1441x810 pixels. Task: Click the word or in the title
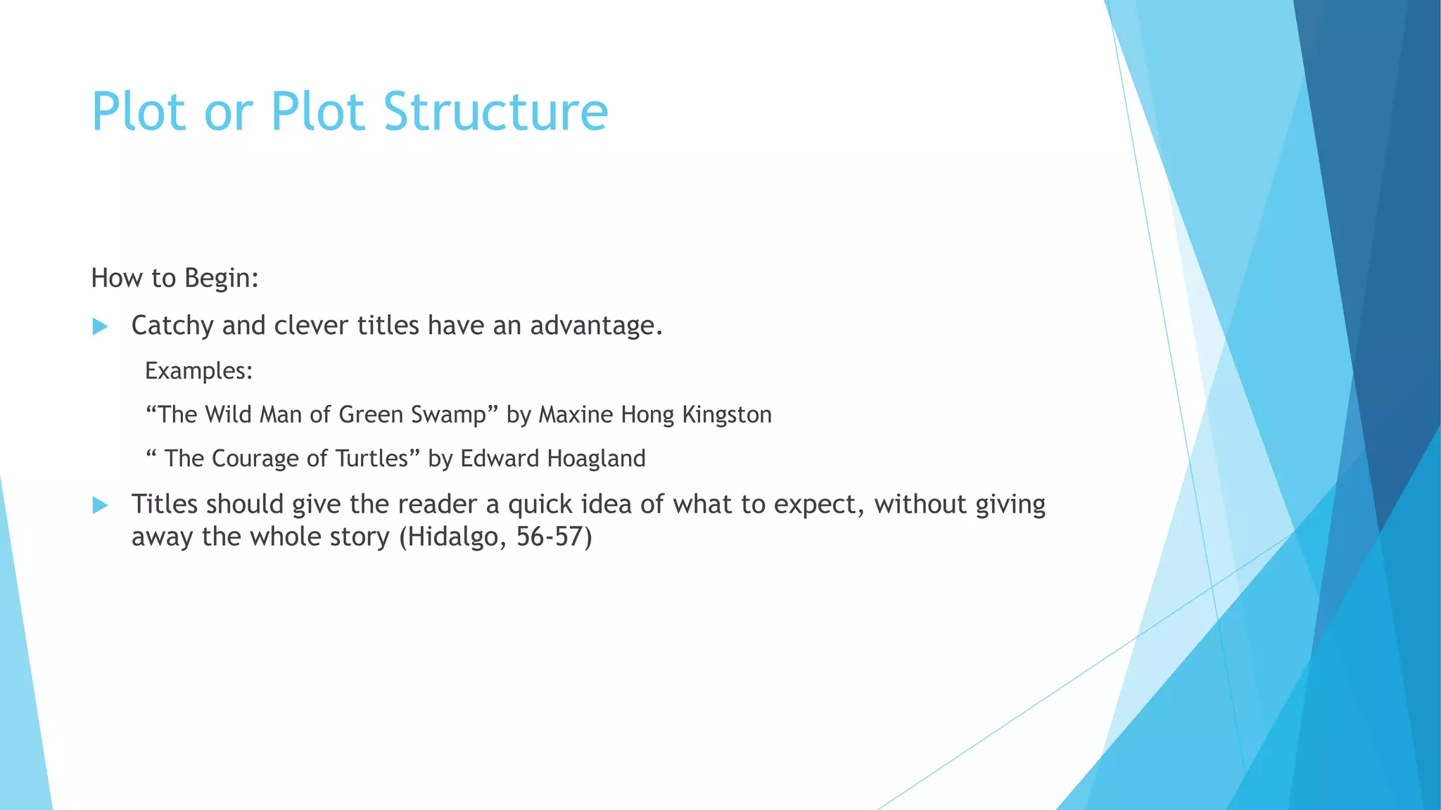click(228, 112)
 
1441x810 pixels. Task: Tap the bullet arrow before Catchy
click(100, 326)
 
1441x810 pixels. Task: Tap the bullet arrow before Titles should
click(100, 505)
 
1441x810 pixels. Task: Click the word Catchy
click(172, 326)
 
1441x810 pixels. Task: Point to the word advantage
click(595, 326)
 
